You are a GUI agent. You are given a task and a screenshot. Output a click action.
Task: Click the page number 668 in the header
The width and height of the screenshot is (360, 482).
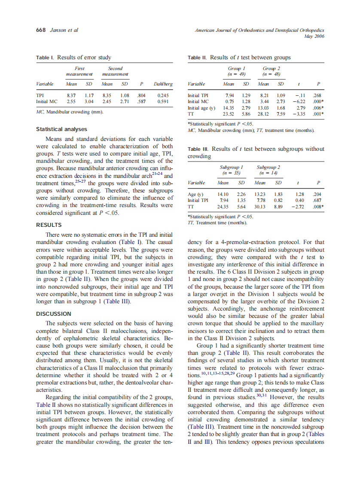(x=41, y=30)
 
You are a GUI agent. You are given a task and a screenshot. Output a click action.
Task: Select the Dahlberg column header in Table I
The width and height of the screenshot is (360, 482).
(x=163, y=84)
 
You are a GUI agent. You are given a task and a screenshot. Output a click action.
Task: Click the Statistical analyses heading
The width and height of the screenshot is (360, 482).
(x=61, y=129)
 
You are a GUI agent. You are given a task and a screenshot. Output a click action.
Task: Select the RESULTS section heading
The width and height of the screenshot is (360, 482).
(x=49, y=225)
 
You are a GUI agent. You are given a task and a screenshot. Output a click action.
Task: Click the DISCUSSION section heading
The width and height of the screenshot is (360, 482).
(x=54, y=314)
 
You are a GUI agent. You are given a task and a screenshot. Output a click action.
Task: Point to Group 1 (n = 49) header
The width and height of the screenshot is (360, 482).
(x=236, y=71)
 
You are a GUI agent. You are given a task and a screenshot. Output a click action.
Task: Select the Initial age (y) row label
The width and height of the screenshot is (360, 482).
(x=201, y=108)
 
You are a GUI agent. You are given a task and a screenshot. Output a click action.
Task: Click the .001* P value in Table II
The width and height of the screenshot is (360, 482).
(x=318, y=114)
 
